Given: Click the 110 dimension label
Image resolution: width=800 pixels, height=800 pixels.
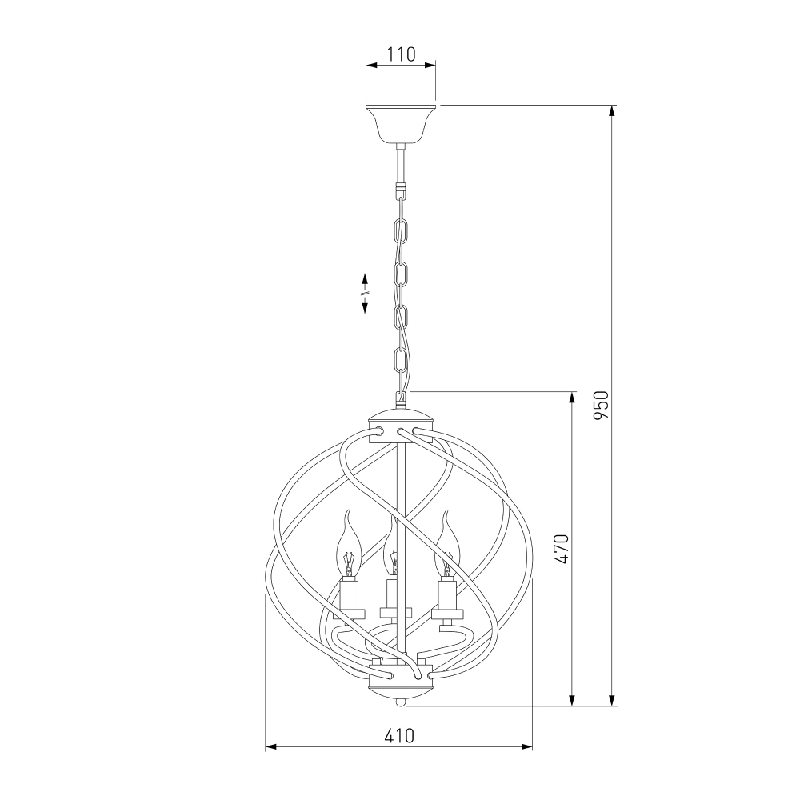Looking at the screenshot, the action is (401, 54).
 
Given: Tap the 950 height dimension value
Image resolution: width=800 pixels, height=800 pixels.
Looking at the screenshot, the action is (602, 405).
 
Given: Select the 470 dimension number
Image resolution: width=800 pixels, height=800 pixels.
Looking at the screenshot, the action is (561, 549).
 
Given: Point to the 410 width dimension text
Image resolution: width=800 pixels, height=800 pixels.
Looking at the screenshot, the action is (399, 736).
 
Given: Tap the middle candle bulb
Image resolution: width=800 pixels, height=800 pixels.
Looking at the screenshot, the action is (391, 549).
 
